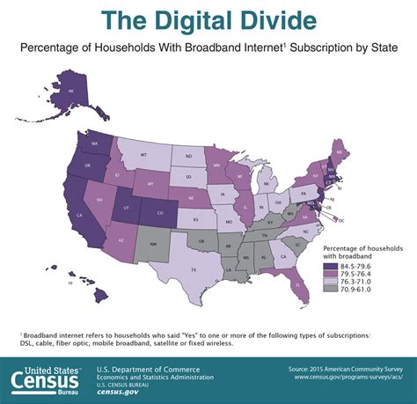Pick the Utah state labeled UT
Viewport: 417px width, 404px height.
tap(126, 208)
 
